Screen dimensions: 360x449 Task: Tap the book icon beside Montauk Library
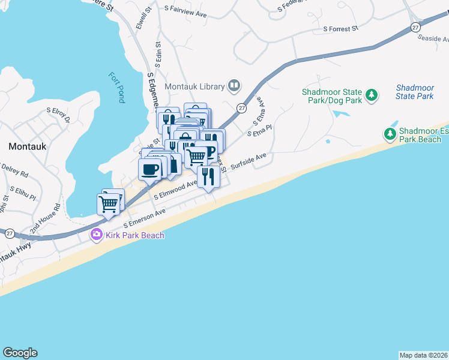click(x=234, y=86)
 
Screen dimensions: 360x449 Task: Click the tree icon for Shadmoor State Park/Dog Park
click(x=372, y=95)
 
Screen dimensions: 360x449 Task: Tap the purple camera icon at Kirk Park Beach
click(x=96, y=235)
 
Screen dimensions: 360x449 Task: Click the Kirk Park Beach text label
click(x=135, y=235)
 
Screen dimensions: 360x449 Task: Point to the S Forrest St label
click(x=340, y=28)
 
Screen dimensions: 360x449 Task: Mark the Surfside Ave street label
click(x=249, y=160)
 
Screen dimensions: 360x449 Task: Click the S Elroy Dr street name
click(x=58, y=115)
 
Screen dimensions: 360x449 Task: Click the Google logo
click(x=20, y=353)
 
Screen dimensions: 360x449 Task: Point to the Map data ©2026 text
click(x=423, y=355)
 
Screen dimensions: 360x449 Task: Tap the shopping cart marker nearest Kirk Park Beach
click(x=108, y=204)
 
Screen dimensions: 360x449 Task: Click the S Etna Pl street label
click(x=260, y=130)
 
